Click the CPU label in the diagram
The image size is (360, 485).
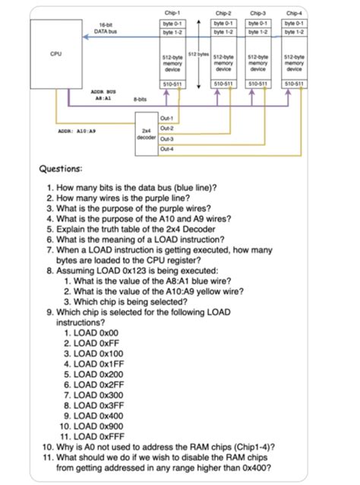click(x=55, y=54)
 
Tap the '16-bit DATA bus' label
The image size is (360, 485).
click(x=105, y=28)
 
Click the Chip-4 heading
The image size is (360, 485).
click(x=293, y=13)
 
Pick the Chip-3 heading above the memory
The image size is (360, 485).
click(x=259, y=13)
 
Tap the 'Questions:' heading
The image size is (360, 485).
click(x=66, y=169)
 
